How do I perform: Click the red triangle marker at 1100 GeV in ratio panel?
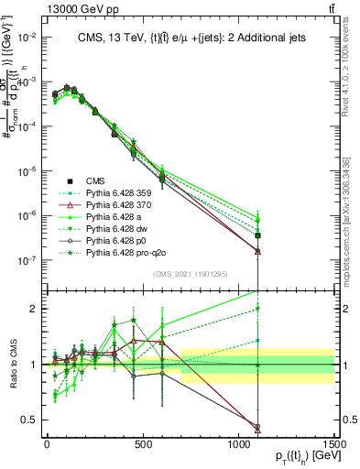[257, 429]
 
